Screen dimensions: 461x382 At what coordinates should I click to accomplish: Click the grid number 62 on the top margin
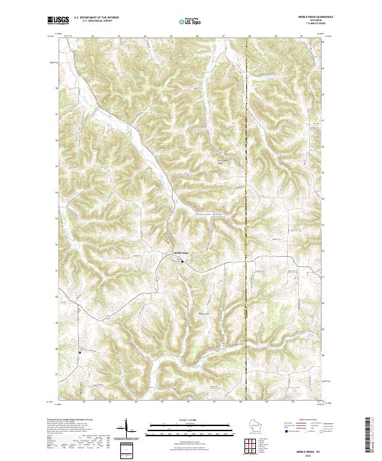(93, 36)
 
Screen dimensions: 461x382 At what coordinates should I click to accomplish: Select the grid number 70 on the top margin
(299, 36)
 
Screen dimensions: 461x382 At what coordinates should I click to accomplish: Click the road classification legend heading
(305, 420)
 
